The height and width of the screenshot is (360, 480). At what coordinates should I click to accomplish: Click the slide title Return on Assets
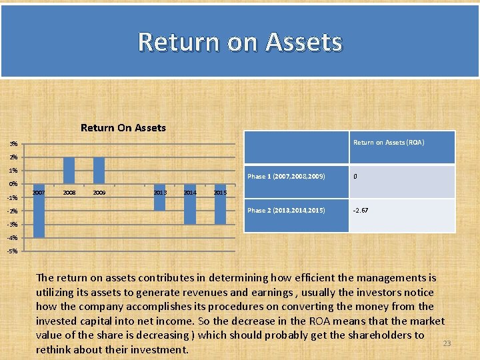(x=240, y=41)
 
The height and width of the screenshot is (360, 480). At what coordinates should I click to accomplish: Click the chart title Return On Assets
(x=123, y=127)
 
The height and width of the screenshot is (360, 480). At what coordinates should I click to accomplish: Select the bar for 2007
(x=39, y=211)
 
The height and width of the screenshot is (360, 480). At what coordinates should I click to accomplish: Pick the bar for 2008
(x=69, y=171)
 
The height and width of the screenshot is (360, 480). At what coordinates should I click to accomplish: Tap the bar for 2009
(x=99, y=171)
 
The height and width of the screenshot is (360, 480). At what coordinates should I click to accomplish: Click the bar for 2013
(x=159, y=197)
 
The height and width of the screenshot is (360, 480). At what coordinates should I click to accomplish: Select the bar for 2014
(x=190, y=204)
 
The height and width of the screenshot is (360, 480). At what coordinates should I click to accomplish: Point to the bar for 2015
(x=220, y=204)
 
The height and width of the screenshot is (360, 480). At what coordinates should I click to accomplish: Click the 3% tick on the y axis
(x=13, y=144)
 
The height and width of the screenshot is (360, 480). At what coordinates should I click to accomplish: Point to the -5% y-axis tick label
(x=13, y=251)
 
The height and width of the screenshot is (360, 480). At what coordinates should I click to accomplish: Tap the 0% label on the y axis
(x=13, y=184)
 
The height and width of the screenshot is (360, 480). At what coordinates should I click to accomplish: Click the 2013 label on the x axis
(x=160, y=193)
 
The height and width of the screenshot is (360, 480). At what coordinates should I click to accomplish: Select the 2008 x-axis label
(x=69, y=193)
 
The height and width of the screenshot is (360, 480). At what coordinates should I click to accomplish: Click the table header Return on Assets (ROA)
(x=388, y=143)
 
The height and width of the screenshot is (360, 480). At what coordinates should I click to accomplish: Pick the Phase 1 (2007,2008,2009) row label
(x=286, y=177)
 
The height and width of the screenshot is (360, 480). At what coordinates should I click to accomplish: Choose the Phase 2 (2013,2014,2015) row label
(x=286, y=211)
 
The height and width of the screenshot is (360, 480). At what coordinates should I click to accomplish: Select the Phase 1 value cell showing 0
(x=355, y=177)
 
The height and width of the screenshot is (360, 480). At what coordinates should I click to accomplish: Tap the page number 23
(x=447, y=343)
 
